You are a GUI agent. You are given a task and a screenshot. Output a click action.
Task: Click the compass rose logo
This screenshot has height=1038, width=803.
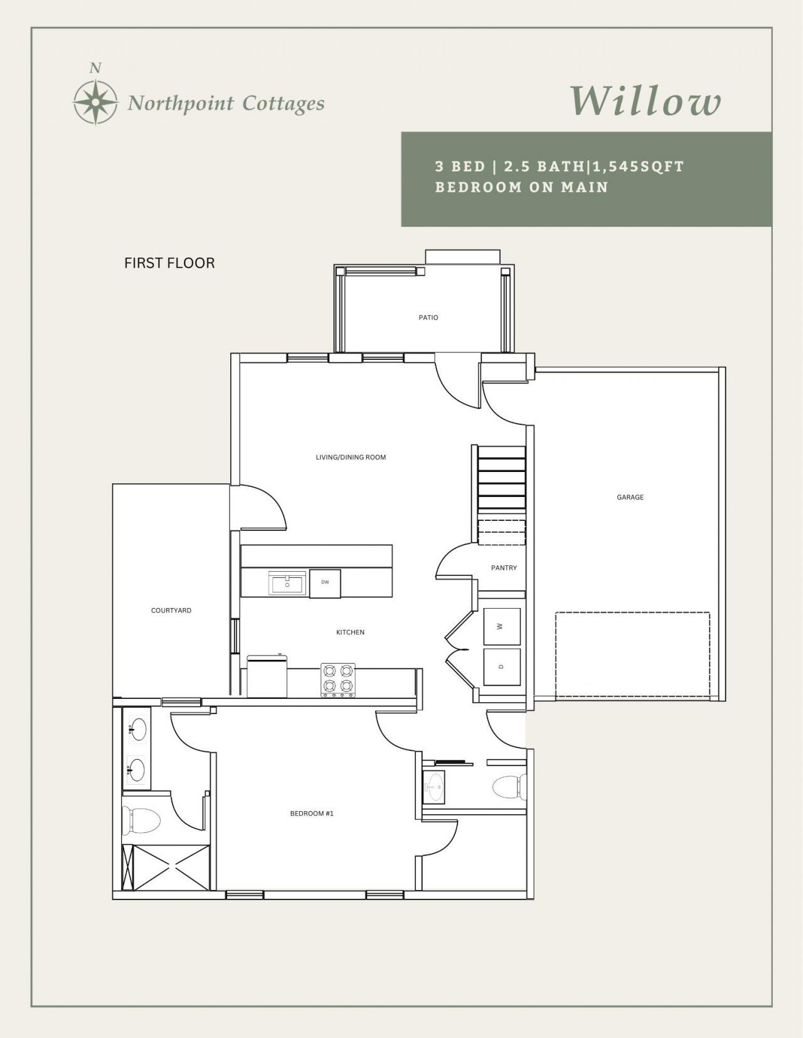(95, 102)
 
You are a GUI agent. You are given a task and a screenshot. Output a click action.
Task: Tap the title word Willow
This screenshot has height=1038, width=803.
(646, 100)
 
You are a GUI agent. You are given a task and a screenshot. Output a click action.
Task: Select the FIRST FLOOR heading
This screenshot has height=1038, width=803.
(169, 263)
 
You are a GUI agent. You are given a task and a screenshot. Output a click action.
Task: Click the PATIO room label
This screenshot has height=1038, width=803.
(428, 317)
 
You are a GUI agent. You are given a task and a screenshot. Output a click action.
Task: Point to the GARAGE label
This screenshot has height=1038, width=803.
(630, 497)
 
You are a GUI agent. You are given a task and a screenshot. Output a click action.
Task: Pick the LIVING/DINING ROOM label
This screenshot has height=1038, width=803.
(351, 457)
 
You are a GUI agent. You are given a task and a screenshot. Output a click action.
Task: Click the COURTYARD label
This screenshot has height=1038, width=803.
(171, 610)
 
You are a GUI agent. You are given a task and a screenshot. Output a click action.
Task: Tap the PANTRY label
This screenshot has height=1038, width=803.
(504, 567)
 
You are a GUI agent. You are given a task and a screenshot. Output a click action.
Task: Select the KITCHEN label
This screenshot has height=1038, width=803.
(350, 632)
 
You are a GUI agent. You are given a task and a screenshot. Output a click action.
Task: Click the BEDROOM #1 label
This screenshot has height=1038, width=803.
(312, 813)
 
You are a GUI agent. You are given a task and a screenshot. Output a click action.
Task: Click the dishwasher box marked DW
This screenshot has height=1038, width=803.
(325, 583)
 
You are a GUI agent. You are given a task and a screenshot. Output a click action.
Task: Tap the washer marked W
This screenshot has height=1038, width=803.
(501, 626)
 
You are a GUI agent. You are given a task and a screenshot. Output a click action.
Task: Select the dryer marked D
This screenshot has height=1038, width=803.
(501, 666)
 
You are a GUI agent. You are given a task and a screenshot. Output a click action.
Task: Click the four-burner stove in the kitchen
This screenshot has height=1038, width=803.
(338, 680)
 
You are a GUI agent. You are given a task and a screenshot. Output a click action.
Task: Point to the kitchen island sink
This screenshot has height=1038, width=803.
(287, 583)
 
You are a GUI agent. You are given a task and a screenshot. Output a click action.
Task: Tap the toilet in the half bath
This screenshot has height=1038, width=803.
(509, 786)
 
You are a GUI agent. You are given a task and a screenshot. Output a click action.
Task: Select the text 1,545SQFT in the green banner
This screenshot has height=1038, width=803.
(639, 167)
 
